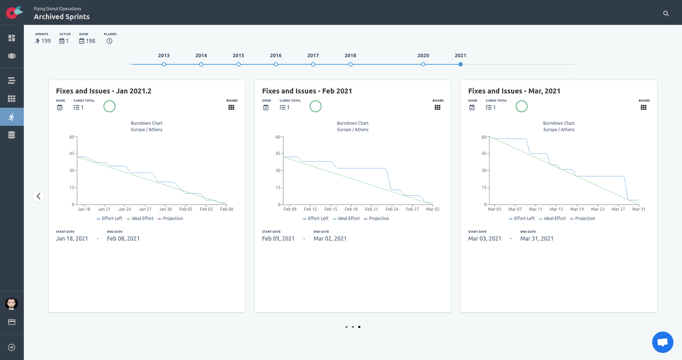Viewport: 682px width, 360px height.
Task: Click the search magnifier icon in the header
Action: point(666,14)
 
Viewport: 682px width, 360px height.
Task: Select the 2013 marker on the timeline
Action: point(164,64)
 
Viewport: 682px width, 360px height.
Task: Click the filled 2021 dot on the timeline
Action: point(461,64)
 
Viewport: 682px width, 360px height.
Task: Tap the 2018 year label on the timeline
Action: point(350,55)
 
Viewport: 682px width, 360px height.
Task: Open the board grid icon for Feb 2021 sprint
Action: point(437,107)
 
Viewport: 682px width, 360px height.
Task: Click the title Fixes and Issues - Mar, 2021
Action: point(514,91)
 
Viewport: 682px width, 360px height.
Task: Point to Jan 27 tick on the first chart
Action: point(145,209)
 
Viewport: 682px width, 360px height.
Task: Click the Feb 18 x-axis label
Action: point(351,209)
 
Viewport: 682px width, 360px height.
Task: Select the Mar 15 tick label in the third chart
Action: point(556,209)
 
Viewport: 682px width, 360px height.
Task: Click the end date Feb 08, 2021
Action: point(123,238)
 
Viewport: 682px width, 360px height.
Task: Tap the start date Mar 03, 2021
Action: point(484,238)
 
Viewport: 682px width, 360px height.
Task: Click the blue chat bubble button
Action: point(662,342)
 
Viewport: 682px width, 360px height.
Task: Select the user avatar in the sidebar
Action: point(12,304)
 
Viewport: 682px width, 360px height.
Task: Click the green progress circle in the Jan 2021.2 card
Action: point(109,106)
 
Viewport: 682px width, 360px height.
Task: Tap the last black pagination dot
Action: point(359,327)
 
